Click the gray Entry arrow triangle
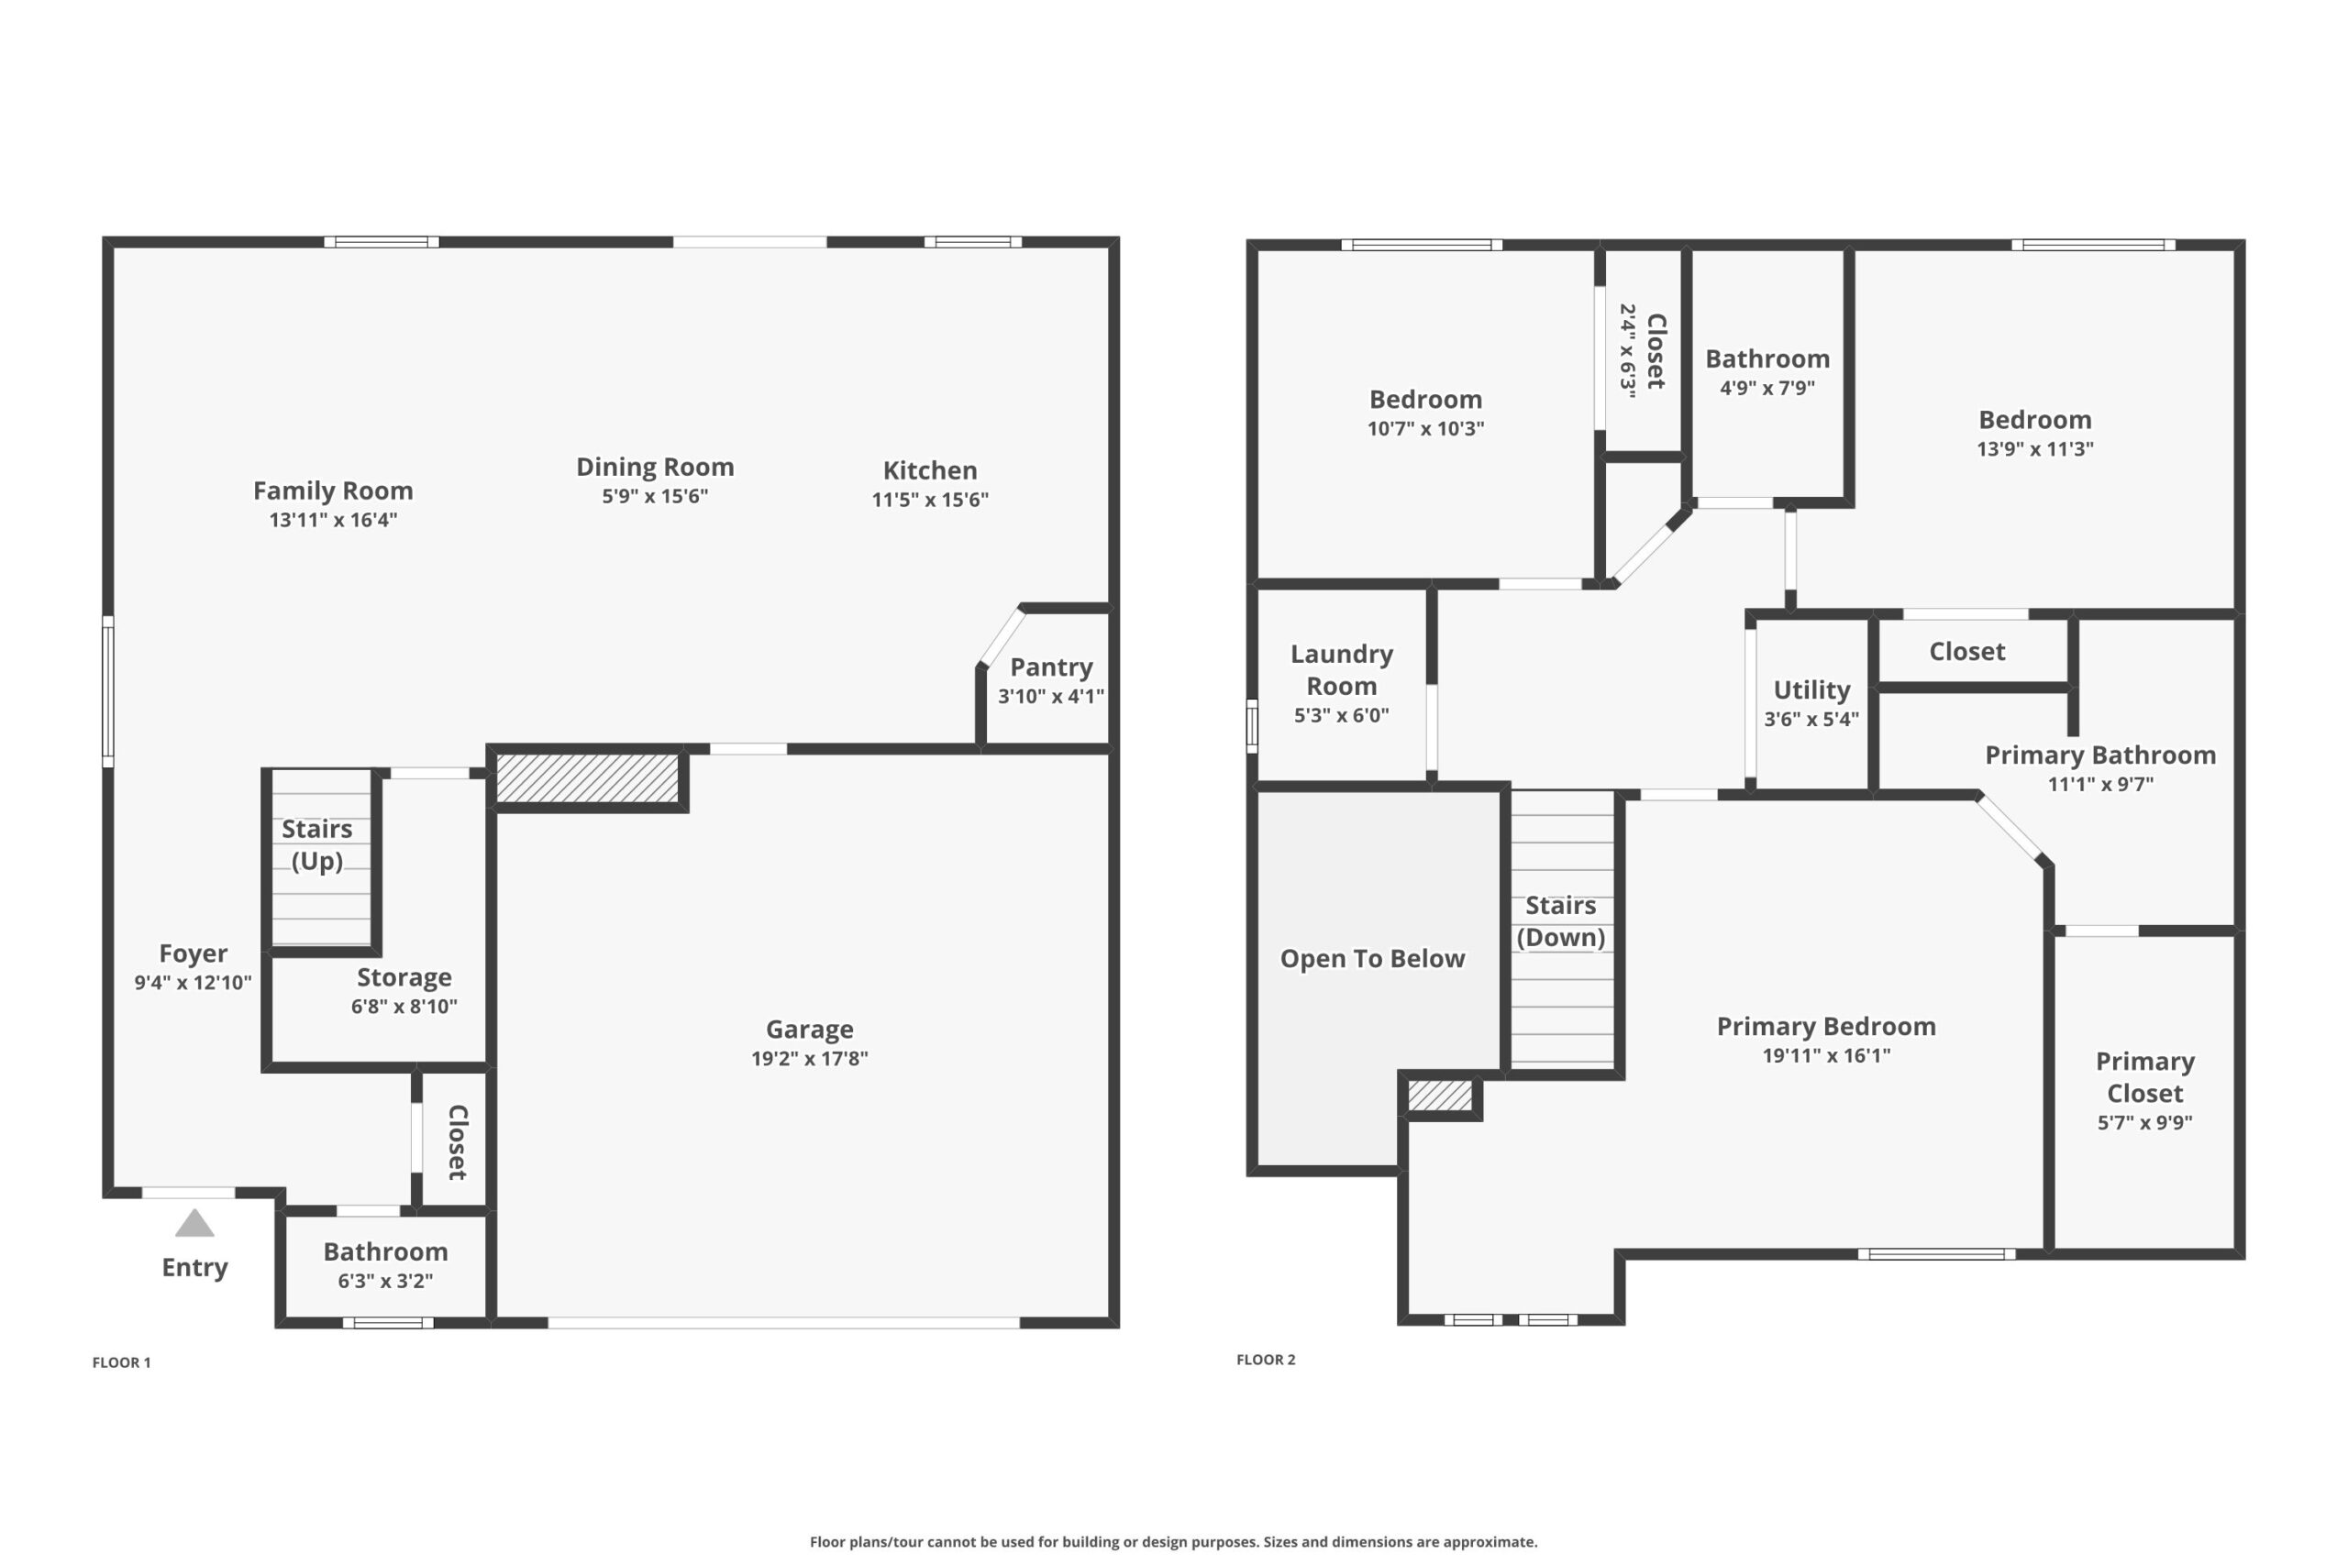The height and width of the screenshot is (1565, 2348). (x=194, y=1223)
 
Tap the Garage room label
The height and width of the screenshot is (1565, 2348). (x=810, y=1029)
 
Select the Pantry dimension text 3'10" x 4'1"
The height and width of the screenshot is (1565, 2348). (x=1051, y=697)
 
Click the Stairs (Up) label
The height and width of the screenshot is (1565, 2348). (x=317, y=844)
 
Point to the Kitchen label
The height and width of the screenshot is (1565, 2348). (x=930, y=470)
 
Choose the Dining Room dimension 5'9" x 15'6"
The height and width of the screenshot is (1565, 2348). (x=655, y=496)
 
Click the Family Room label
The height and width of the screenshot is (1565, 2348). (x=334, y=491)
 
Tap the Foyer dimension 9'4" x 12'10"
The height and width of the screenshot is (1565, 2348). (x=194, y=982)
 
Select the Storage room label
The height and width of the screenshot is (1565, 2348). (x=404, y=978)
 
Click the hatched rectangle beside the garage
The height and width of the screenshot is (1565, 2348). (x=588, y=777)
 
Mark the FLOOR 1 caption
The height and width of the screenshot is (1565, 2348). (x=122, y=1362)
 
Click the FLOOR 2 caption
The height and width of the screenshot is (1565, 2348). (x=1266, y=1360)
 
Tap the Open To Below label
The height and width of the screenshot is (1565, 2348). (x=1373, y=959)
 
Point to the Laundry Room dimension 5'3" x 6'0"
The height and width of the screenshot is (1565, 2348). (x=1342, y=714)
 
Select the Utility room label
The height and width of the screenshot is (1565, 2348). (x=1812, y=690)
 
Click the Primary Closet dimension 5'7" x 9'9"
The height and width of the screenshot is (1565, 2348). (x=2145, y=1122)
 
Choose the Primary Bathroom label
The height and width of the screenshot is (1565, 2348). (x=2100, y=755)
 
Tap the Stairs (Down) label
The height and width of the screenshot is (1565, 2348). (x=1561, y=921)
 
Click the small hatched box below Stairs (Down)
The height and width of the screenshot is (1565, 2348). (x=1440, y=1096)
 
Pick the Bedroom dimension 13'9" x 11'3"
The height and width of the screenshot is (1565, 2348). (x=2035, y=449)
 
